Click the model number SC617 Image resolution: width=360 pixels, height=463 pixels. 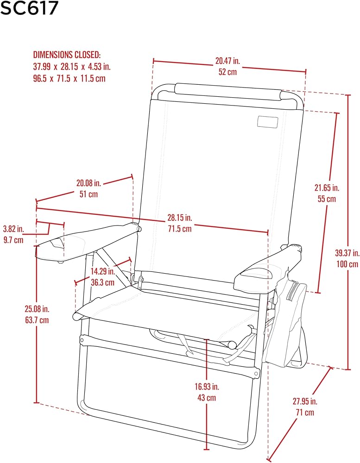coord(29,8)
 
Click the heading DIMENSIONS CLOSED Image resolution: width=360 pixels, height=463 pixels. coord(67,55)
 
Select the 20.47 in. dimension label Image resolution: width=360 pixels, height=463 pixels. coord(227,61)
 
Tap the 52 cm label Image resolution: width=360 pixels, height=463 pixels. coord(227,72)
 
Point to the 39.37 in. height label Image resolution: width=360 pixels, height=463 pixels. coord(347,253)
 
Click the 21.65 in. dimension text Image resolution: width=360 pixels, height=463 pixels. coord(327,188)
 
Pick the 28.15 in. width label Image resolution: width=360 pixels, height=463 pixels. coord(180,218)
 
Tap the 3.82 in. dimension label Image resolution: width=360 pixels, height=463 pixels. coord(13,229)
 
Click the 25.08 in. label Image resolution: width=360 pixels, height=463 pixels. coord(37,309)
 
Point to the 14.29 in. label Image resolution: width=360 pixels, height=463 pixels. coord(102,271)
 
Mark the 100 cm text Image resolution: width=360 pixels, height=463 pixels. coord(347,264)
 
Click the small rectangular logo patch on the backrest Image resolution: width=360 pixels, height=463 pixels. coord(268,122)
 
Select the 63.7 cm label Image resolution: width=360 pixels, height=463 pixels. coord(37,320)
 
